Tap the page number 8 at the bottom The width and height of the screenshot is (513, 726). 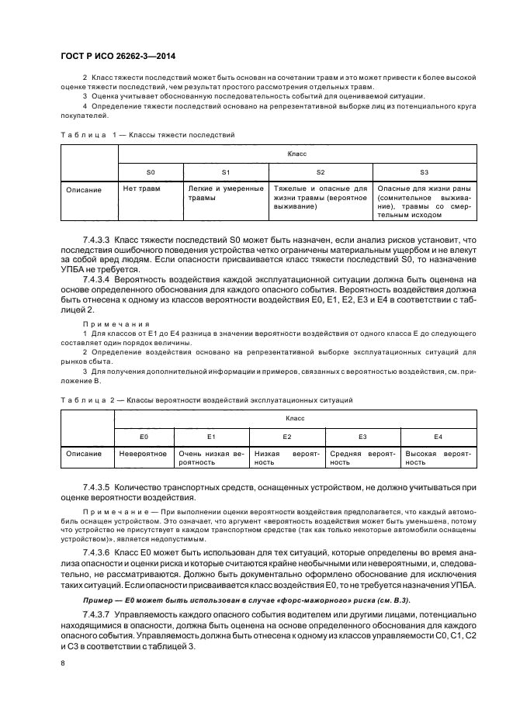[63, 662]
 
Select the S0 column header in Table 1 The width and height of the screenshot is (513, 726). [151, 171]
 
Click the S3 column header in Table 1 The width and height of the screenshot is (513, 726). [424, 171]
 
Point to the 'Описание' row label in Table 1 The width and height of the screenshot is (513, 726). [84, 189]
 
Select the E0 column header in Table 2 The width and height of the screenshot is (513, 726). [144, 437]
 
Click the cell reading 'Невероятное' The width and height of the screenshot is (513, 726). [144, 453]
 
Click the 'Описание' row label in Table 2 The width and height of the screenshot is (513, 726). [84, 453]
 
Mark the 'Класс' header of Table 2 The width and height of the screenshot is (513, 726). [296, 419]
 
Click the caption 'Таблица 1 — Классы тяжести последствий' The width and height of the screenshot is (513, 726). [147, 135]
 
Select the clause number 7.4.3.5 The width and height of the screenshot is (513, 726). [97, 487]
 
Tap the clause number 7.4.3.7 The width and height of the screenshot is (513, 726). [97, 612]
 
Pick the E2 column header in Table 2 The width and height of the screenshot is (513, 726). [286, 437]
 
